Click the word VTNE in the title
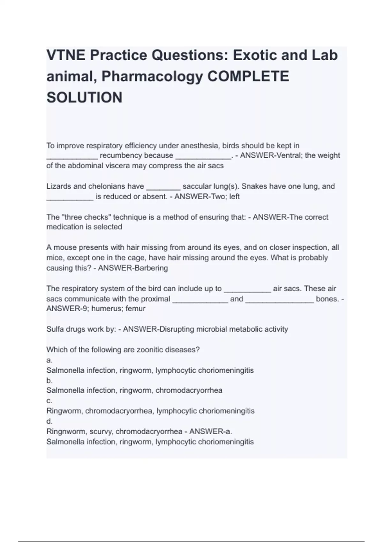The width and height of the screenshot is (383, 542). click(x=65, y=55)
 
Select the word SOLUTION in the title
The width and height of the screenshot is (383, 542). click(x=84, y=98)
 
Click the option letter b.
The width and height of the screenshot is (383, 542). click(x=49, y=380)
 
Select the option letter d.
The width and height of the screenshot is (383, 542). click(x=49, y=421)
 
